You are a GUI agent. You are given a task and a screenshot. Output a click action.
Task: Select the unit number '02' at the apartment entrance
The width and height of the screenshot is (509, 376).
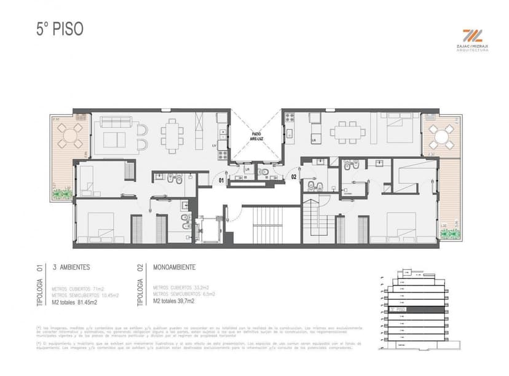click(294, 178)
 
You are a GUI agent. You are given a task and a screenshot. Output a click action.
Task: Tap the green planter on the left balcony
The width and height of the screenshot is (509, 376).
click(62, 194)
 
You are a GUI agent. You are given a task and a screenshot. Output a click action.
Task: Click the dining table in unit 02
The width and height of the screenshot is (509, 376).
click(345, 130)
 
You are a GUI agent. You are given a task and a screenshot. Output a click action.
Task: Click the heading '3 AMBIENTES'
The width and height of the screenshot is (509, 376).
click(71, 267)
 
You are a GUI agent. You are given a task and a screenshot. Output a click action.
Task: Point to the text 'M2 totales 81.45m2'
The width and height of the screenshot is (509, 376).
click(74, 302)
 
